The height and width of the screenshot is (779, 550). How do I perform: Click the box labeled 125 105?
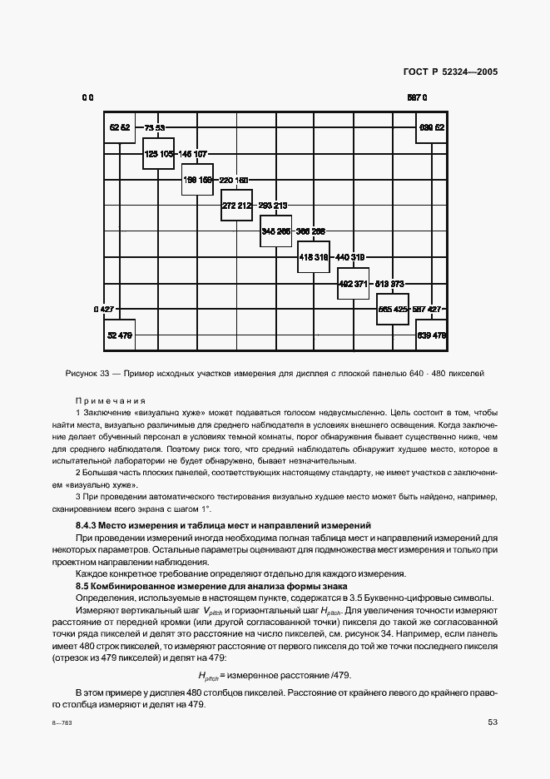click(x=158, y=154)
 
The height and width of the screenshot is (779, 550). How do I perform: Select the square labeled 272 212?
click(x=236, y=205)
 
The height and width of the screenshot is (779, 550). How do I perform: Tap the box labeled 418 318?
click(x=314, y=257)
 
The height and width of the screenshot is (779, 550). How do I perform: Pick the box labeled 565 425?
click(x=393, y=309)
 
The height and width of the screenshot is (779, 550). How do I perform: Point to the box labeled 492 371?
click(x=353, y=283)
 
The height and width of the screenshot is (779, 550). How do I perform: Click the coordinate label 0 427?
click(x=103, y=309)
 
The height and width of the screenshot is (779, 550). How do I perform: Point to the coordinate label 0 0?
click(x=87, y=98)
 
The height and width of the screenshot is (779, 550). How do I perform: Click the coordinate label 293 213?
click(x=273, y=206)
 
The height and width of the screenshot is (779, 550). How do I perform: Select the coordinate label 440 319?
click(x=350, y=258)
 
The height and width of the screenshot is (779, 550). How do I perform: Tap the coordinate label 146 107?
click(x=193, y=154)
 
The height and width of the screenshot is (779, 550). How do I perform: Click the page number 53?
click(x=493, y=722)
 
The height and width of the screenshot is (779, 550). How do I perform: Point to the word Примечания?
click(x=111, y=400)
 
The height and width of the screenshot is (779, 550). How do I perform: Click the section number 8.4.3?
click(x=91, y=524)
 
